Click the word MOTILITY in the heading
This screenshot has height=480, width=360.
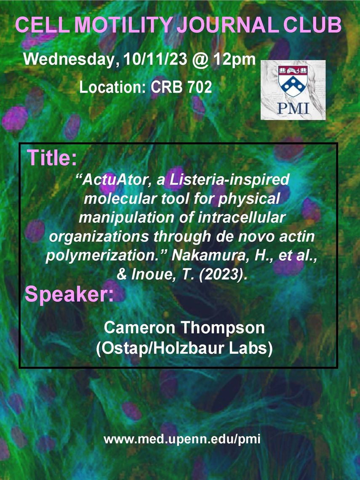125,25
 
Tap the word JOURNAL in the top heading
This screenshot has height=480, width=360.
228,25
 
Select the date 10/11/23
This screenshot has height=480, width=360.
155,59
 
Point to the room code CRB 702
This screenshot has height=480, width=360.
181,87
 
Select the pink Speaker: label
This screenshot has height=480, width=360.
69,294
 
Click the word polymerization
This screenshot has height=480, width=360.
104,256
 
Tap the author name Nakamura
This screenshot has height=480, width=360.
209,256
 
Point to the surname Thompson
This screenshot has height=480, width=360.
224,328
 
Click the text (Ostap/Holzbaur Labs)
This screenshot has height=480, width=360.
184,349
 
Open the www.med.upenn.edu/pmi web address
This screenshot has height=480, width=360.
182,439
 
